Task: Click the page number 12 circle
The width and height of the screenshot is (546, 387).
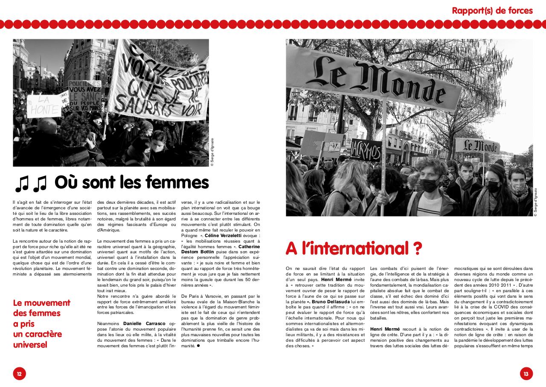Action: (x=19, y=373)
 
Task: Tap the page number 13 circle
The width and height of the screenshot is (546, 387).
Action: (x=526, y=373)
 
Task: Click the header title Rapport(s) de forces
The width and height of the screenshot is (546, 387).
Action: (x=492, y=10)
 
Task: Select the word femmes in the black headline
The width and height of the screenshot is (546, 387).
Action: (x=178, y=182)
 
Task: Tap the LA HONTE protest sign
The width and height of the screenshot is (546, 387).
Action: (x=44, y=105)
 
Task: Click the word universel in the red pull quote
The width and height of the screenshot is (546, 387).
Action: (x=30, y=344)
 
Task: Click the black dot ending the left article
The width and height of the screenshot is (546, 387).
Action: (x=198, y=346)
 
